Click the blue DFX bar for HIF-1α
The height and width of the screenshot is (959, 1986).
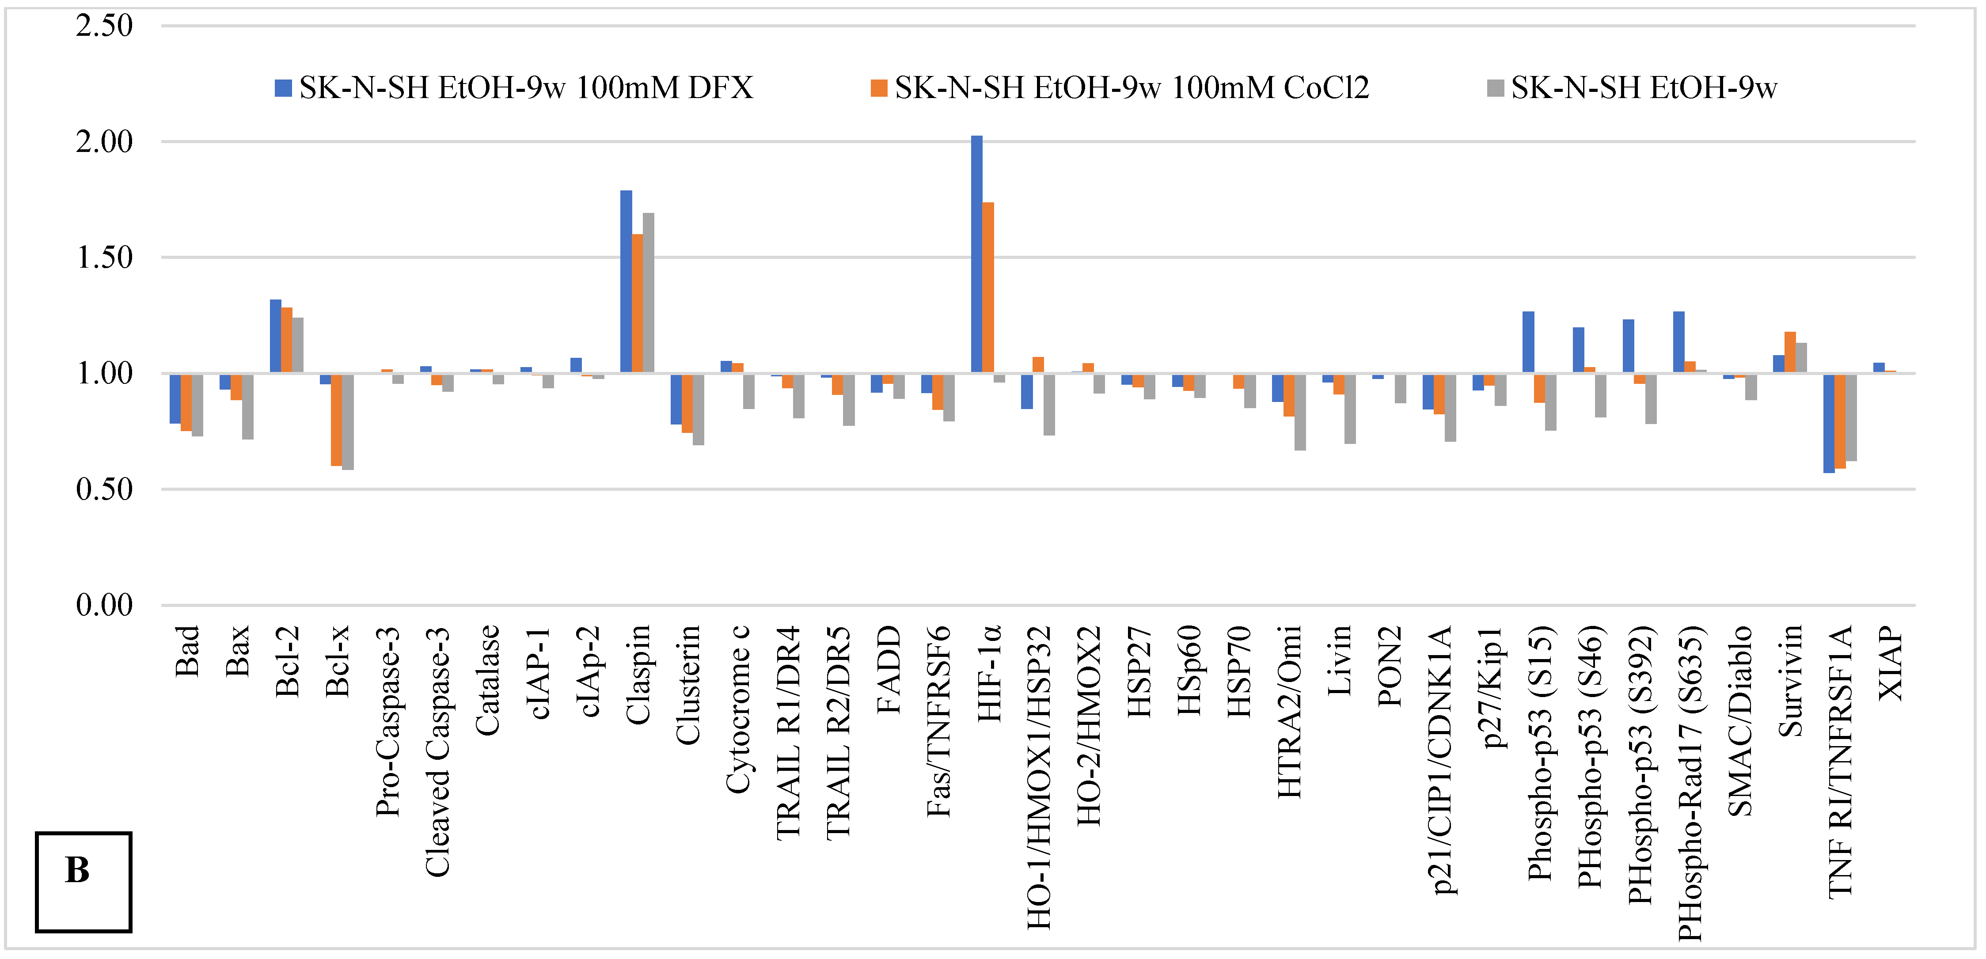click(976, 254)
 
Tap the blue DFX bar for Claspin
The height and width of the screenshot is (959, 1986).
click(626, 281)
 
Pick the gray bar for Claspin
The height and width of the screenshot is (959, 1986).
click(649, 293)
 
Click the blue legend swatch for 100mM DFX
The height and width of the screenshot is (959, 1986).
click(283, 88)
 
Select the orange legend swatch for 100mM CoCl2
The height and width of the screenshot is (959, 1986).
click(878, 88)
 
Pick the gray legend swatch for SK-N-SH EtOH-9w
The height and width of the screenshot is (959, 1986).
click(1495, 88)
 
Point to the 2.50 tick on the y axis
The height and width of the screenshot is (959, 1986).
click(104, 26)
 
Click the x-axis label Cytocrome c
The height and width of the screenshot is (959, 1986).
click(738, 709)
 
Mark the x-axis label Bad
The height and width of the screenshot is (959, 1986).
click(187, 652)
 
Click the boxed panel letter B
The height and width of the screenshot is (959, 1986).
click(78, 871)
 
